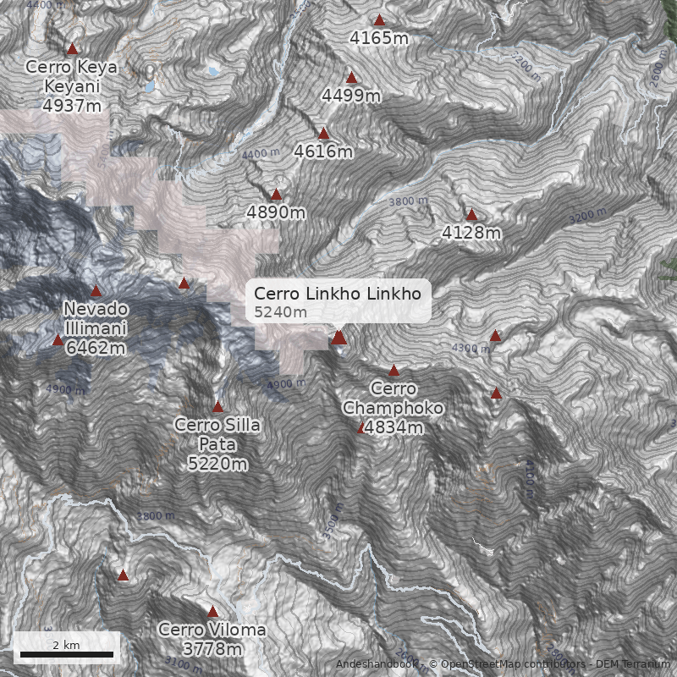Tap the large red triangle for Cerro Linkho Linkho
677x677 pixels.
(339, 338)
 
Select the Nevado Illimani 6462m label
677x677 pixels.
(95, 327)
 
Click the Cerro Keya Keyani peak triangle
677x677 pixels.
(73, 49)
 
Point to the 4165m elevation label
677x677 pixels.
(379, 38)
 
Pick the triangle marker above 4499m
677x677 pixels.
(352, 78)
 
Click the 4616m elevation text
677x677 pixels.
(323, 152)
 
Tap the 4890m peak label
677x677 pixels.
(276, 212)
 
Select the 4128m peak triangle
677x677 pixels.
(471, 215)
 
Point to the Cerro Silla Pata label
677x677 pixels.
(217, 443)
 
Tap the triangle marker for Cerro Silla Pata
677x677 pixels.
(217, 407)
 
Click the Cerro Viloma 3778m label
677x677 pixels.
(212, 640)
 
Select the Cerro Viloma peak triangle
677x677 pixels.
(212, 612)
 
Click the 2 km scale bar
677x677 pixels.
(67, 654)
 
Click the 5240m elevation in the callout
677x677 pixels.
(280, 312)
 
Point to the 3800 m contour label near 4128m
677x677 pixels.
(408, 201)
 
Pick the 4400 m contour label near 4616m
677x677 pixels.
(260, 155)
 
